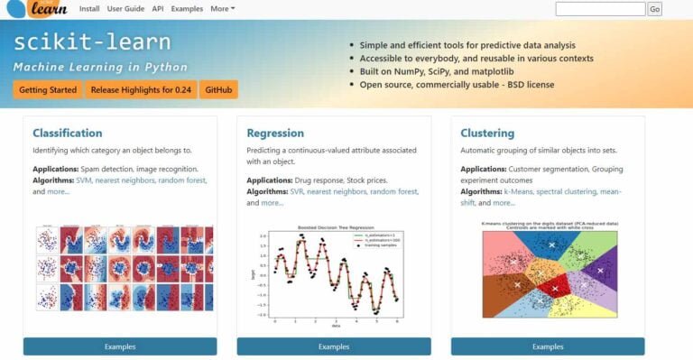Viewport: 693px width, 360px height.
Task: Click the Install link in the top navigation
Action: [89, 8]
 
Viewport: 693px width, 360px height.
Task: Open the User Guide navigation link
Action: [125, 8]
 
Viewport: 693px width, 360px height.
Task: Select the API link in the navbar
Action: [158, 8]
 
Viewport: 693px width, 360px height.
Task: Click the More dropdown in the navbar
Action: [222, 8]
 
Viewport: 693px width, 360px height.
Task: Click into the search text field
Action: [600, 9]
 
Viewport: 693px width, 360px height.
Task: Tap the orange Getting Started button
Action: [47, 90]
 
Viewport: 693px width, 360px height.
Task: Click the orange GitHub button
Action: [219, 90]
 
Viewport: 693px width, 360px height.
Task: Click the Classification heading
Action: [68, 133]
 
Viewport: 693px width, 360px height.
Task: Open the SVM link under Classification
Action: [84, 180]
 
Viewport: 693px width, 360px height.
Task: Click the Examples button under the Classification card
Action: [120, 346]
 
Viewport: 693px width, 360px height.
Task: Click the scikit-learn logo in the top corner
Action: [36, 9]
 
